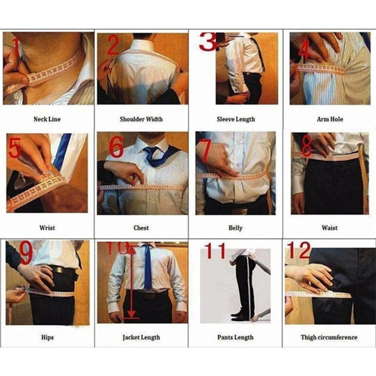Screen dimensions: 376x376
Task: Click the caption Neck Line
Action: (x=47, y=119)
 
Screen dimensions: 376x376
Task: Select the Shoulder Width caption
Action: (x=141, y=119)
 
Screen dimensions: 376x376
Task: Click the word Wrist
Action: (x=47, y=228)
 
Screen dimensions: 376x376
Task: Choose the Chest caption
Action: (x=141, y=228)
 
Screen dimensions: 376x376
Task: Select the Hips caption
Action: (x=47, y=337)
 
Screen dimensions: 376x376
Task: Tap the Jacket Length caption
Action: (x=141, y=337)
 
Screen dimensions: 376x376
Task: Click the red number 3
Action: (x=208, y=42)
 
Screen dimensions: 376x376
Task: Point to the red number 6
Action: (x=116, y=148)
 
